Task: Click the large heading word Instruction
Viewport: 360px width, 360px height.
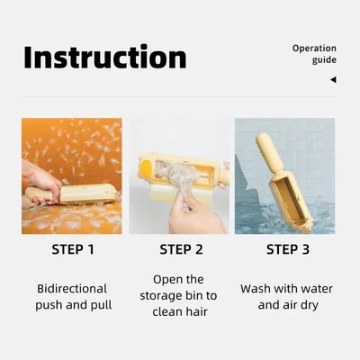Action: coord(105,57)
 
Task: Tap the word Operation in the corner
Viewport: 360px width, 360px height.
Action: coord(314,49)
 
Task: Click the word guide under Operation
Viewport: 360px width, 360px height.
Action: coord(324,60)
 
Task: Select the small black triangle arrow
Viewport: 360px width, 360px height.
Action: coord(333,79)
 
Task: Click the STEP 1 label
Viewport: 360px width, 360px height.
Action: coord(73,249)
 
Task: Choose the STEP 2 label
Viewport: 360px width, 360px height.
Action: coord(181,249)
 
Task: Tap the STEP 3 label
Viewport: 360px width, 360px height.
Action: coord(288,249)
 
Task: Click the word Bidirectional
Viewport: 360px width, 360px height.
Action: coord(72,289)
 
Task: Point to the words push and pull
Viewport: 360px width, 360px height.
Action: coord(74,305)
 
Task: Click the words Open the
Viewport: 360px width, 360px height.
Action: coord(178,280)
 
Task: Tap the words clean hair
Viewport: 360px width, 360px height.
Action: coord(180,311)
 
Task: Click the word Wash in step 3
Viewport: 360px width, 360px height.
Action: coord(256,289)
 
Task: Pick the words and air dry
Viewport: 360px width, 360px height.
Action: coord(288,305)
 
